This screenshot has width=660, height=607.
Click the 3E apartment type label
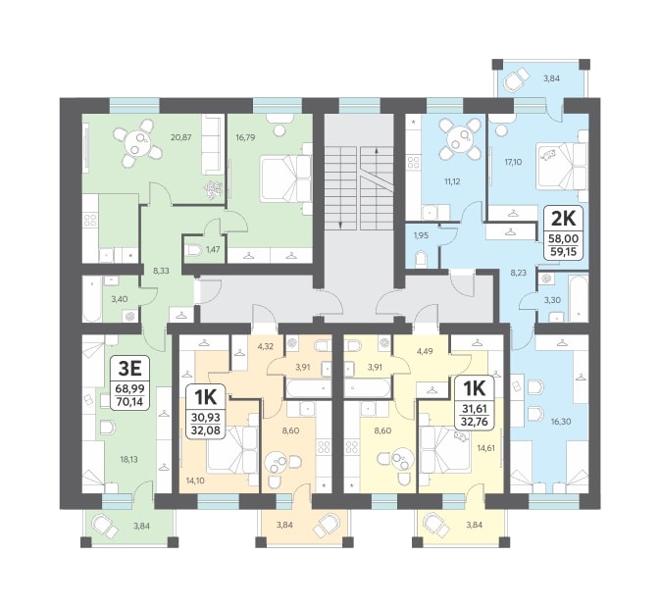tap(129, 369)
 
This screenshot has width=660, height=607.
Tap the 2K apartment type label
tap(563, 219)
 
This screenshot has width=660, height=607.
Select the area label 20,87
tap(181, 137)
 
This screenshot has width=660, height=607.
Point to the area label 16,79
tap(245, 137)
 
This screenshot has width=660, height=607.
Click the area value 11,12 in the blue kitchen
tap(452, 181)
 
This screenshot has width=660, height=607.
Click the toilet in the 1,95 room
tap(422, 259)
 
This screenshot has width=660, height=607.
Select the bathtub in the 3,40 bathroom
tap(92, 299)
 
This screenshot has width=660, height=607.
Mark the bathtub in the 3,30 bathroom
tap(578, 298)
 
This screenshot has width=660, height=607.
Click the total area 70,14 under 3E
tap(129, 402)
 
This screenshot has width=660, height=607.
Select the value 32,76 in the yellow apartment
tap(475, 421)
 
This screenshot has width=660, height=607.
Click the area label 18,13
tap(128, 459)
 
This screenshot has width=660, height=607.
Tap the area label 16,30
tap(561, 421)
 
